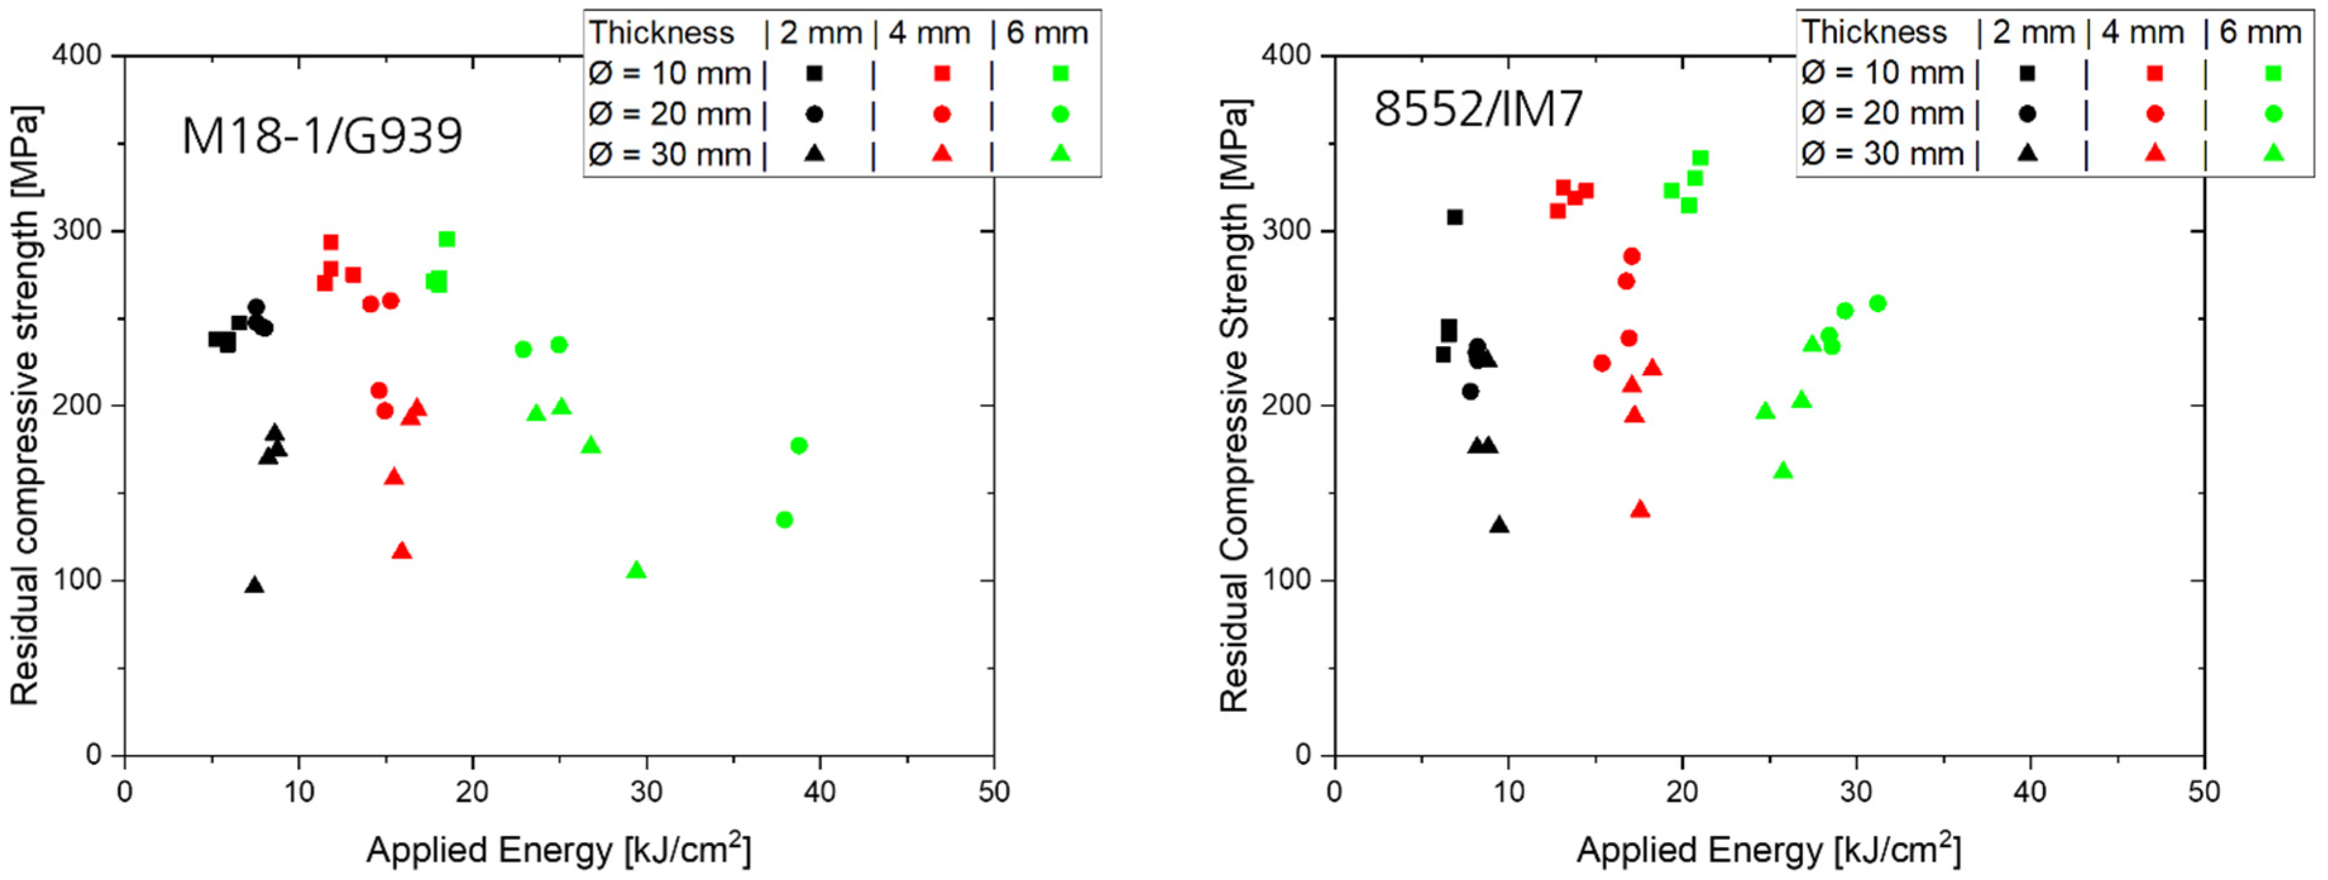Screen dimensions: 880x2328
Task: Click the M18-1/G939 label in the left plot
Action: click(x=322, y=136)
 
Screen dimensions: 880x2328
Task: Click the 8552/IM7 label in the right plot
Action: click(x=1479, y=109)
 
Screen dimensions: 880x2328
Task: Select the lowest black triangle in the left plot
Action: click(x=255, y=584)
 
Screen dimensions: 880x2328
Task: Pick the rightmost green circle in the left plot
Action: click(x=799, y=445)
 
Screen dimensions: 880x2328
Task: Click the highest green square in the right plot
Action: click(x=1700, y=158)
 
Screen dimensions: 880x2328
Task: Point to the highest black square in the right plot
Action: click(x=1455, y=217)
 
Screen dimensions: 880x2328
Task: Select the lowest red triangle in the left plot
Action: click(x=402, y=551)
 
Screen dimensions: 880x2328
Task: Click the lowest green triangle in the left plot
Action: click(x=636, y=570)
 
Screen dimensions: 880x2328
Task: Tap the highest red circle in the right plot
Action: click(x=1631, y=256)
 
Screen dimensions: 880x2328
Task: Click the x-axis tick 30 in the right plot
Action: click(x=1855, y=792)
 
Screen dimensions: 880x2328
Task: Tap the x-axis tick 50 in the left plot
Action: click(x=993, y=792)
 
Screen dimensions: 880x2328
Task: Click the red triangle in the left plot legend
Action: click(x=942, y=154)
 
